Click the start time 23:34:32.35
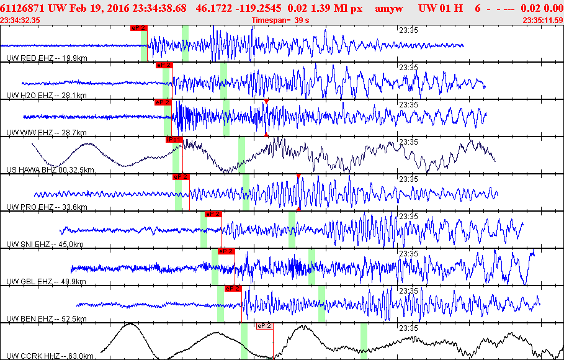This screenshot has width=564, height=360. pos(20,20)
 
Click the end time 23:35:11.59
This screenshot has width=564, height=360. pos(543,20)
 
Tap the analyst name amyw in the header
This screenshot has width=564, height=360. pos(389,9)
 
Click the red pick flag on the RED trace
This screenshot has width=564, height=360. pos(139,28)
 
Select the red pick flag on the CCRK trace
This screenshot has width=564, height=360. pos(265,325)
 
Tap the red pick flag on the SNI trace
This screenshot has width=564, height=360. pos(213,214)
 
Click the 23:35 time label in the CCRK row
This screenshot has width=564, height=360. pos(408,328)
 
